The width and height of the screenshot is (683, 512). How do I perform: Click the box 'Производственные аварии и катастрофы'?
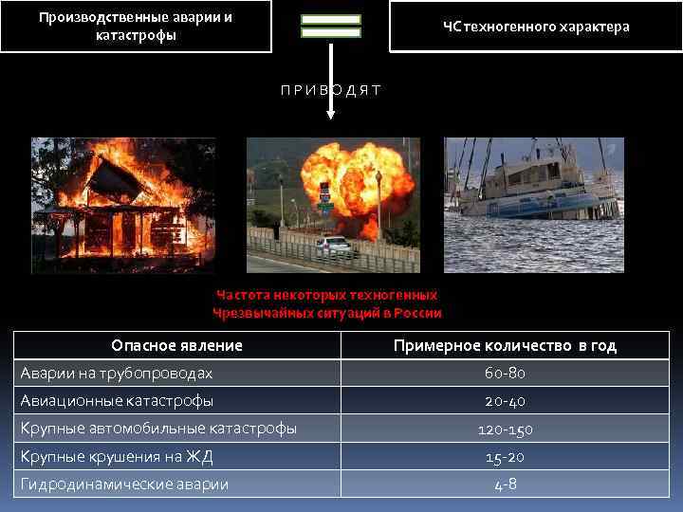point(135,27)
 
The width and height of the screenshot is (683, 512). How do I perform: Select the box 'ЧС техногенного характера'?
point(535,27)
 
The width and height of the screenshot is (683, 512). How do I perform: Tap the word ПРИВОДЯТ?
point(331,90)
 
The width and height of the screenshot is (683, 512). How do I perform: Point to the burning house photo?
point(122,205)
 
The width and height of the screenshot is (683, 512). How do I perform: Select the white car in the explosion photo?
point(334,247)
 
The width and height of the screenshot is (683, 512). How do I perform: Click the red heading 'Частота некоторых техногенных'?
point(327,295)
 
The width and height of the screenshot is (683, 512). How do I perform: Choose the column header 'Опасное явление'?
point(176,346)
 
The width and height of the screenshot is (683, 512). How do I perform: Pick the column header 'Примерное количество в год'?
point(505,346)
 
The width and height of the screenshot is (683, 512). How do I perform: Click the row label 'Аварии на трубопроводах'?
point(117,374)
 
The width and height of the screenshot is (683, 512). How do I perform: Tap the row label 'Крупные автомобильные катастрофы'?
point(159,429)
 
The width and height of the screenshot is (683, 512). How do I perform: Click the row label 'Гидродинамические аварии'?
point(125,485)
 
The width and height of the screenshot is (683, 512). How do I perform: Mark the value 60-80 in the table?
point(505,374)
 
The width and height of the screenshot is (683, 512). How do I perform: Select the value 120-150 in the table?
point(505,430)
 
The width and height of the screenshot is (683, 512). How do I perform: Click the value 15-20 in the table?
point(505,457)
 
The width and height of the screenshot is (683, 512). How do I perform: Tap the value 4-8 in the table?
point(505,485)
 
